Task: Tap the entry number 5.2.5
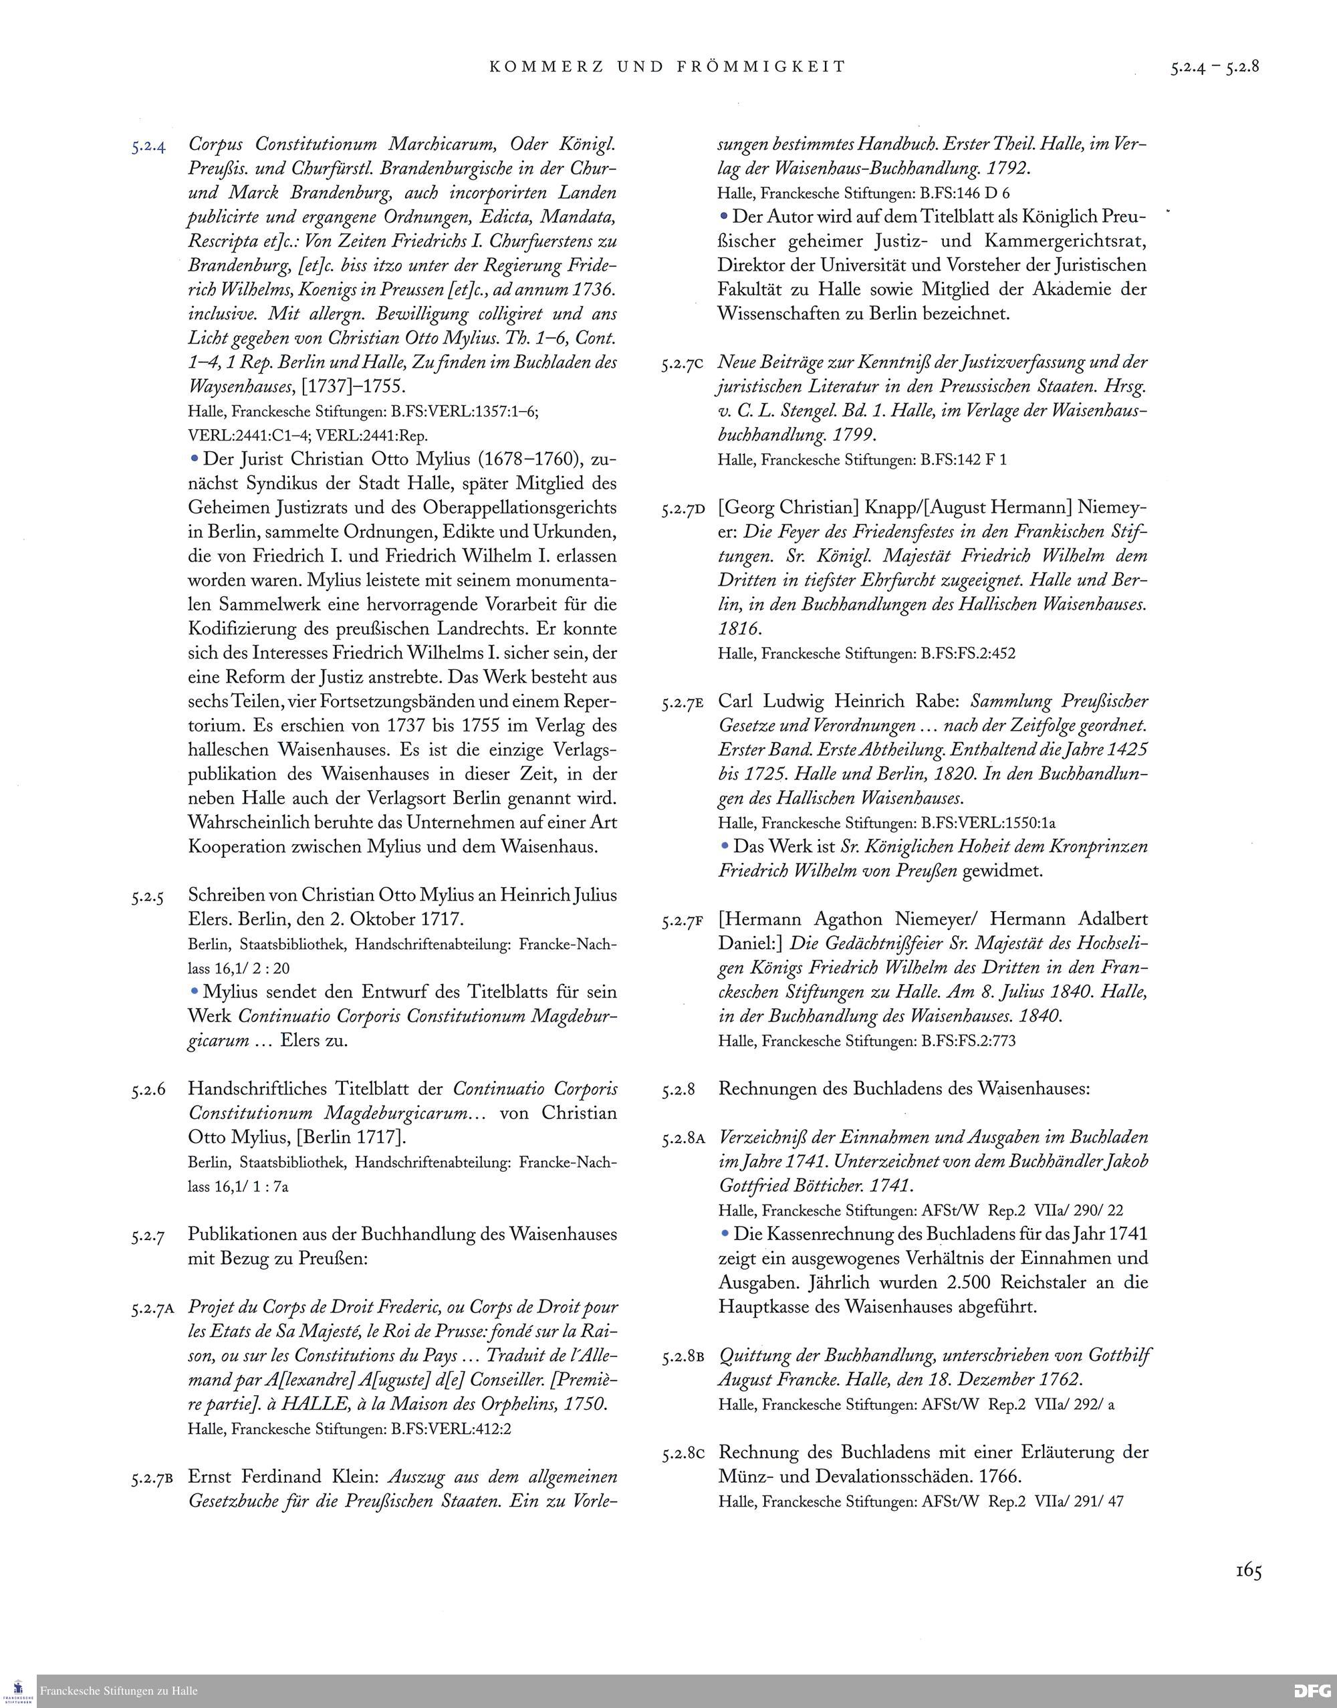coord(147,898)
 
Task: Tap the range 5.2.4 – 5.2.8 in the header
coord(1214,67)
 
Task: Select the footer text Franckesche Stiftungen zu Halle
coord(119,1691)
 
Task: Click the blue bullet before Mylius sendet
coord(194,991)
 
